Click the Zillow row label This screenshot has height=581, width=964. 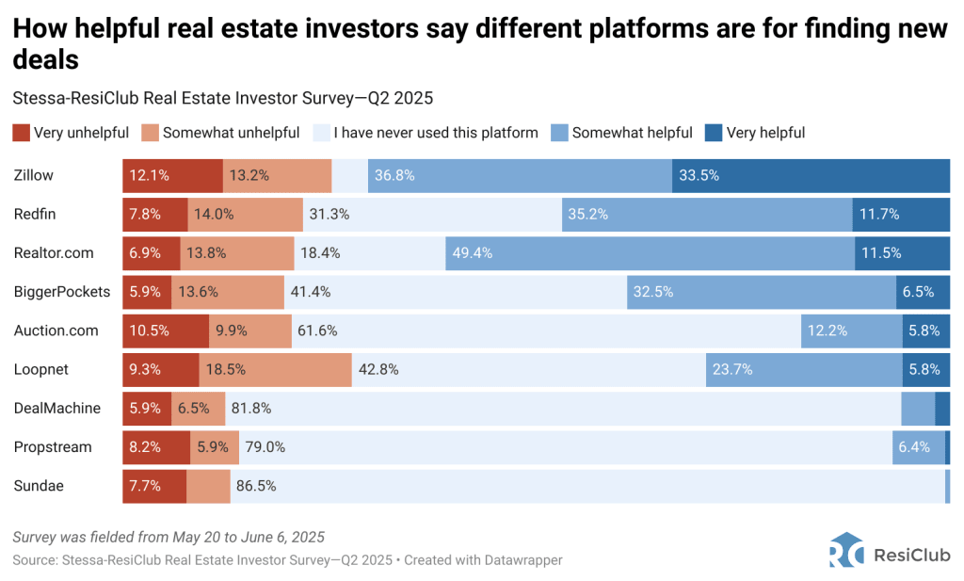(33, 175)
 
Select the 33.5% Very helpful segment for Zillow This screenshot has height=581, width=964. (811, 175)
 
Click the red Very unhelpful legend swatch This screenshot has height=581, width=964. (21, 133)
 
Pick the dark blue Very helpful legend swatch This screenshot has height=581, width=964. (714, 133)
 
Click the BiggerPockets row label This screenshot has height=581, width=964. (62, 292)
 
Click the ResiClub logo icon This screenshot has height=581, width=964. (843, 551)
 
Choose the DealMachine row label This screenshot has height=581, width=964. (57, 409)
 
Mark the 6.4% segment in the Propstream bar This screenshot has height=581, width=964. (918, 447)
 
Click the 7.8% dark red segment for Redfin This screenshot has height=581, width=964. (155, 214)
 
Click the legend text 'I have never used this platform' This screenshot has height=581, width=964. (436, 133)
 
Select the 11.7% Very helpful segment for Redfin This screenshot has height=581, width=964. (901, 214)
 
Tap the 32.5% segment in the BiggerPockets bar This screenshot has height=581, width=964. (762, 292)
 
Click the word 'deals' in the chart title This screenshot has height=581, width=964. (45, 60)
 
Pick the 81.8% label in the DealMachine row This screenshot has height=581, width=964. (251, 409)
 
